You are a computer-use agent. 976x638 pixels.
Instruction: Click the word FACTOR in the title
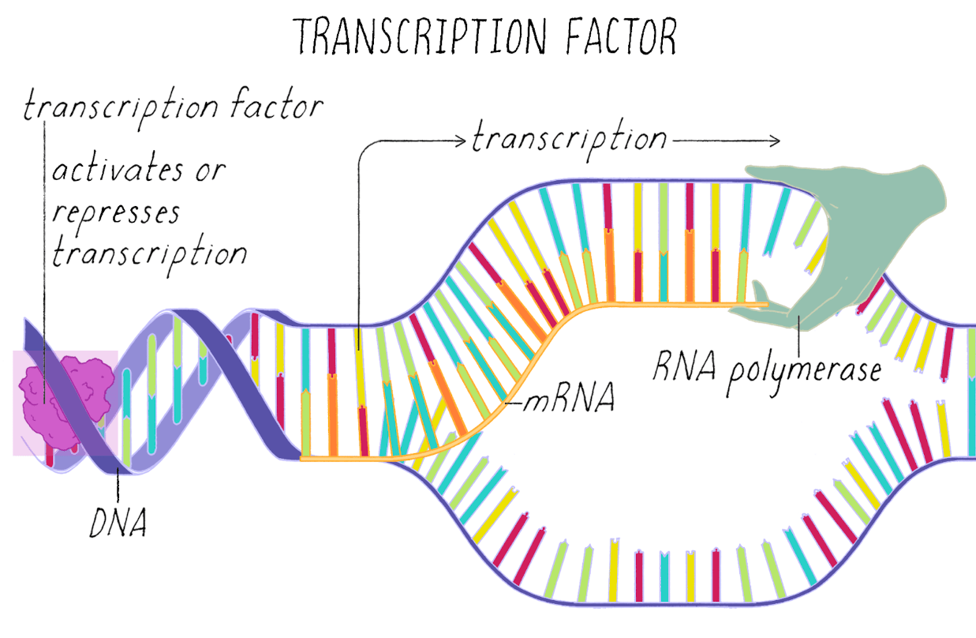click(621, 36)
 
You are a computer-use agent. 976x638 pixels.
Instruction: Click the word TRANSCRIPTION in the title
click(419, 36)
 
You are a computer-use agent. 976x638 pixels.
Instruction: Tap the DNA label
click(118, 523)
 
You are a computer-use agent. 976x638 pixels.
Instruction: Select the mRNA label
click(569, 397)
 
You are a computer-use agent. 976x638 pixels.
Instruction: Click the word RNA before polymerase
click(684, 366)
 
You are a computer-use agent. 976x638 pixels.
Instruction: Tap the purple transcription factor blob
click(65, 402)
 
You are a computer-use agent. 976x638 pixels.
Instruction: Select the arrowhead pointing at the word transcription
click(461, 141)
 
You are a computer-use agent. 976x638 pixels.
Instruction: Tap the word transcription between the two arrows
click(570, 139)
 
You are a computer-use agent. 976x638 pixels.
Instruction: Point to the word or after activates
click(211, 171)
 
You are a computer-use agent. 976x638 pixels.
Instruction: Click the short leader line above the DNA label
click(118, 486)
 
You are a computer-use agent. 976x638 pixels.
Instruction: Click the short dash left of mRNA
click(514, 403)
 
